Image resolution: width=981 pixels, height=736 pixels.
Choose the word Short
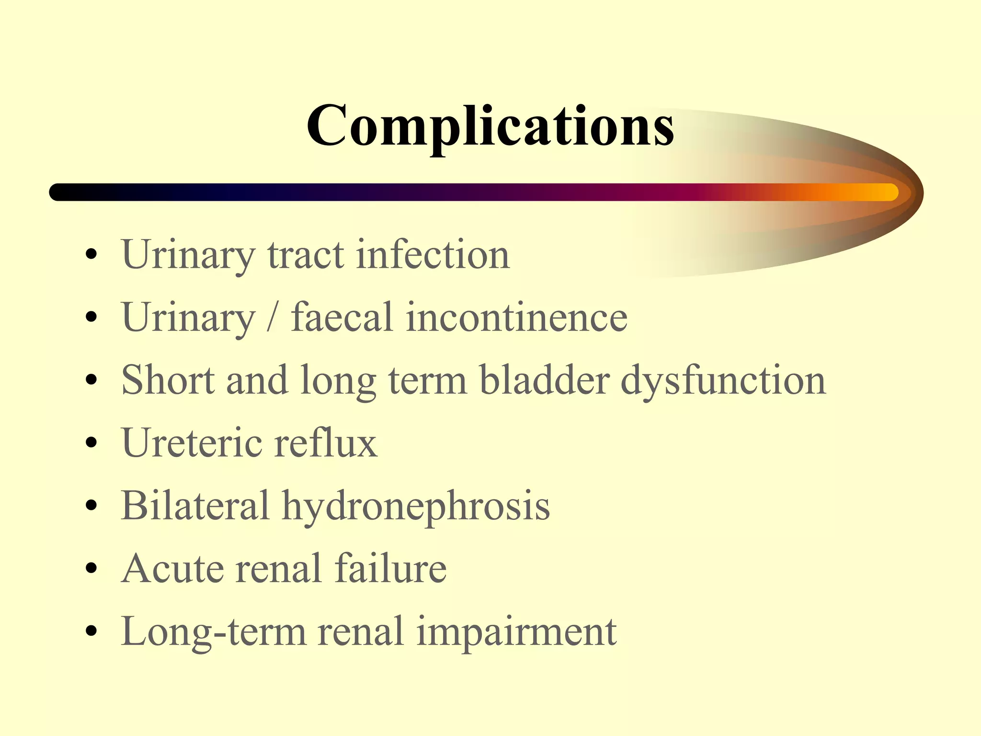168,379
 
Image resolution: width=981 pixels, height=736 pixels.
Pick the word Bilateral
195,505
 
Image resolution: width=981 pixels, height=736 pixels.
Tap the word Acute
172,568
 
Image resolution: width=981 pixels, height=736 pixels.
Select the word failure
390,568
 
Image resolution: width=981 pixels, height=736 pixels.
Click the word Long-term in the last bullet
213,632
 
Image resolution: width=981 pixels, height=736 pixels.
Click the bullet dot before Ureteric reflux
91,443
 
